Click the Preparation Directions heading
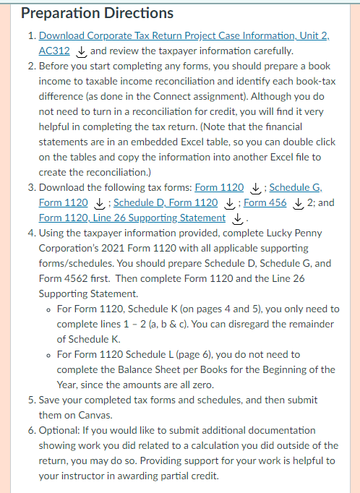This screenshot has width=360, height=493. click(97, 13)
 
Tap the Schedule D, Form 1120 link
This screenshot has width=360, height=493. click(166, 202)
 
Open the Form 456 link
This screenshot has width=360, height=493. click(265, 202)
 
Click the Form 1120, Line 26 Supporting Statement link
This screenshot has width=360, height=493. click(132, 218)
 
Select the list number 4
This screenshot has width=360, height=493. click(30, 233)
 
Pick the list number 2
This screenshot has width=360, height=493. click(30, 66)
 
